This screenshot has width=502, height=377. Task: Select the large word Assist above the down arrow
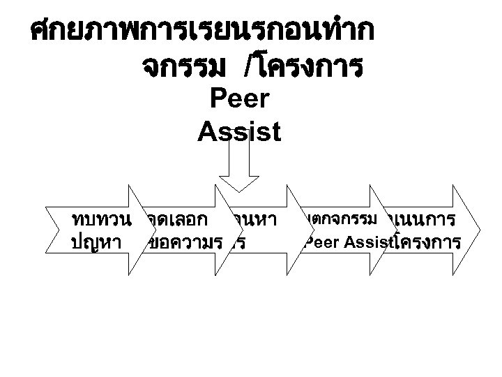[239, 131]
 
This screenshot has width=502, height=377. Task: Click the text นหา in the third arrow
[258, 220]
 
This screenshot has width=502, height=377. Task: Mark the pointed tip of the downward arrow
[239, 191]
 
